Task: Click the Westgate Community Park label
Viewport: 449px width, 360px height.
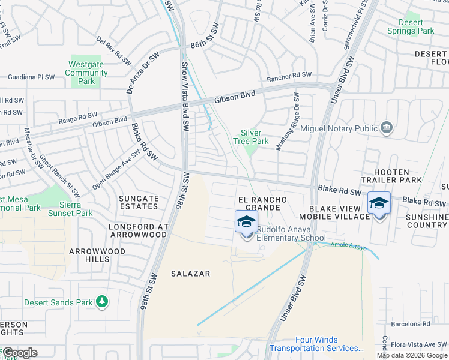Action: point(86,73)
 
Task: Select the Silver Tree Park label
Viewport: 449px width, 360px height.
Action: point(255,137)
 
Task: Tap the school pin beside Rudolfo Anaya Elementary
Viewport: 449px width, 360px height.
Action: point(246,223)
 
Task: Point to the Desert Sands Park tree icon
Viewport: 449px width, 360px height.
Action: point(103,301)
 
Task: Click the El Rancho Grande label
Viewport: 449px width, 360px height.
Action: point(259,203)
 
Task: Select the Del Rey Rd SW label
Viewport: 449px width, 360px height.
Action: point(114,50)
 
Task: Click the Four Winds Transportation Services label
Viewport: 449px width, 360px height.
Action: point(316,344)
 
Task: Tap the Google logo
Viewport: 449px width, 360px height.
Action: point(19,352)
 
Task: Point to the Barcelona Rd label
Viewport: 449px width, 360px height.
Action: point(409,323)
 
